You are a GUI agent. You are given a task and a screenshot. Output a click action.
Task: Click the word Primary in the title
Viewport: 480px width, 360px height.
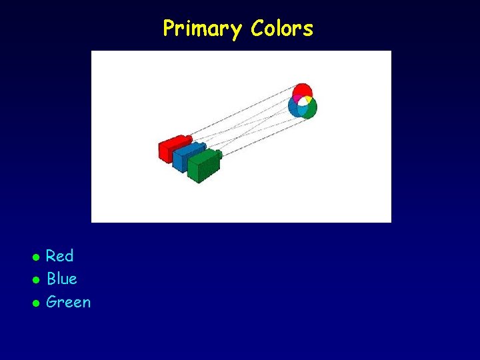[x=203, y=29]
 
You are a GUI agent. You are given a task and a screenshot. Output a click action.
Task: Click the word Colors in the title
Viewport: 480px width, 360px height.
[x=282, y=29]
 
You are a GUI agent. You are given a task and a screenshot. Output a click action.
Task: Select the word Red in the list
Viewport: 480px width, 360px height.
[x=60, y=256]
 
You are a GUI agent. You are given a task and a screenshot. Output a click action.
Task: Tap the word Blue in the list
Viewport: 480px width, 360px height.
[x=62, y=279]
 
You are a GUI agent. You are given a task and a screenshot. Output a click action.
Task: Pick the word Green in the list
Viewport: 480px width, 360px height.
[x=69, y=302]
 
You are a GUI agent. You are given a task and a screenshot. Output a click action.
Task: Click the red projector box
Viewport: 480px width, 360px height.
[x=170, y=149]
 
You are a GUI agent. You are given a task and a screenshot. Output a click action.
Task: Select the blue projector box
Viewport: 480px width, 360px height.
[x=185, y=157]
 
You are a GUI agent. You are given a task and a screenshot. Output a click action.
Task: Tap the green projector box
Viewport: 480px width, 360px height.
[x=203, y=167]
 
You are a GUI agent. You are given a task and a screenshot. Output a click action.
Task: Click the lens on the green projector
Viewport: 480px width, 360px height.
[x=219, y=155]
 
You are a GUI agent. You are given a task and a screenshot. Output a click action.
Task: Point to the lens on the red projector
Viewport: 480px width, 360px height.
[x=188, y=139]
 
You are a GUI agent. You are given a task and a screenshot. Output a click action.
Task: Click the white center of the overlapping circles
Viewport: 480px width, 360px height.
[x=302, y=102]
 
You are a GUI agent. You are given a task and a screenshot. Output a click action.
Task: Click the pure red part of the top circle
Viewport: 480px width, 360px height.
[x=302, y=89]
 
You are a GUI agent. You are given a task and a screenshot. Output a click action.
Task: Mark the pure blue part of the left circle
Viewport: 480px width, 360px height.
[x=292, y=109]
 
